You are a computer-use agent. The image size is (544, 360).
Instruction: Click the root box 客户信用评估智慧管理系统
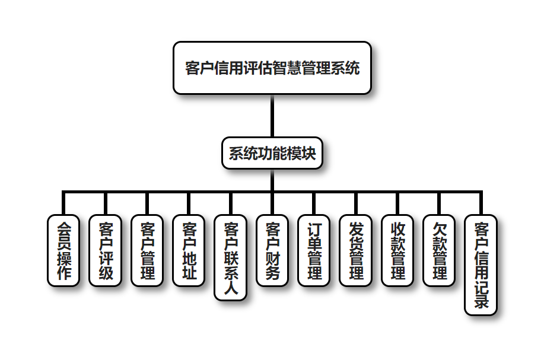pyautogui.click(x=272, y=68)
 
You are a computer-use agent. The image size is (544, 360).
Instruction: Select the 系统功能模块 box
pyautogui.click(x=272, y=154)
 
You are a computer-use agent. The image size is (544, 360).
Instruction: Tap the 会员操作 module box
pyautogui.click(x=63, y=250)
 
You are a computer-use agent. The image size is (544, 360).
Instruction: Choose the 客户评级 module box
pyautogui.click(x=106, y=250)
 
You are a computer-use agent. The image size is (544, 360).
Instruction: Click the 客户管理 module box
pyautogui.click(x=147, y=250)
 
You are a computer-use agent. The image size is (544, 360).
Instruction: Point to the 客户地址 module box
pyautogui.click(x=189, y=250)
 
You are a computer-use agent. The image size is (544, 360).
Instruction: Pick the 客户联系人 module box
pyautogui.click(x=231, y=257)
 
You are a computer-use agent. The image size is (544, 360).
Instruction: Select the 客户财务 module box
pyautogui.click(x=273, y=250)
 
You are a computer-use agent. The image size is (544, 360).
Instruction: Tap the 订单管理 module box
pyautogui.click(x=314, y=250)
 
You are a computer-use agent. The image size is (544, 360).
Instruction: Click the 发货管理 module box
pyautogui.click(x=356, y=250)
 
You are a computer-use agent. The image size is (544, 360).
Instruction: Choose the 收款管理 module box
pyautogui.click(x=398, y=250)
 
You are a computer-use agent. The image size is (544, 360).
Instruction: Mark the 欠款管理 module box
pyautogui.click(x=440, y=250)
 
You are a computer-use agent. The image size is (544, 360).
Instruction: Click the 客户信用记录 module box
pyautogui.click(x=481, y=265)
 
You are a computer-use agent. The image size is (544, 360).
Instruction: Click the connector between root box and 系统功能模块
pyautogui.click(x=272, y=116)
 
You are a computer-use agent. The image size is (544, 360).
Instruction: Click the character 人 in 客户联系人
pyautogui.click(x=231, y=289)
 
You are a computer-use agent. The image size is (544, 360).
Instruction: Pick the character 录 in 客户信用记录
pyautogui.click(x=481, y=302)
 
